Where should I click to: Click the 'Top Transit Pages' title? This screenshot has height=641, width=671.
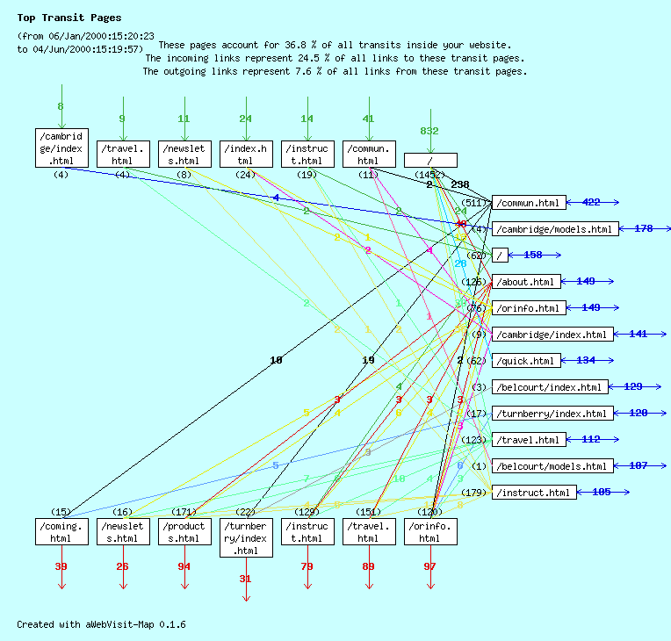click(69, 18)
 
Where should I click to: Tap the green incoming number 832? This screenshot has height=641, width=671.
click(429, 131)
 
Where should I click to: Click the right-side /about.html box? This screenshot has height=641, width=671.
click(526, 282)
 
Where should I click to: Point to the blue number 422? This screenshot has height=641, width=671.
click(591, 202)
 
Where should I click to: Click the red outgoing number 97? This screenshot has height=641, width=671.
click(429, 566)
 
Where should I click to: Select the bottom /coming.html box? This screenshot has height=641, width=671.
click(61, 531)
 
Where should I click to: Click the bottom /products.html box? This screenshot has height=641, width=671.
click(184, 531)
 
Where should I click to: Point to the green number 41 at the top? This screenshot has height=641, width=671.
click(368, 119)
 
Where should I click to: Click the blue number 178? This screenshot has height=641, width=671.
click(644, 228)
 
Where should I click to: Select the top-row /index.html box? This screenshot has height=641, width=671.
click(246, 155)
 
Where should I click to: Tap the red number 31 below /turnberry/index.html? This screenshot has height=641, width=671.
click(245, 579)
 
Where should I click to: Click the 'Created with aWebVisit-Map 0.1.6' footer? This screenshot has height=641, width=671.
click(101, 624)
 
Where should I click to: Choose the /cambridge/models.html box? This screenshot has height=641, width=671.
click(554, 229)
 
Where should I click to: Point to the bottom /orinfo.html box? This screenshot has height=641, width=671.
click(430, 531)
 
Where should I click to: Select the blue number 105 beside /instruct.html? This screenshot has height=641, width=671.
click(602, 492)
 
